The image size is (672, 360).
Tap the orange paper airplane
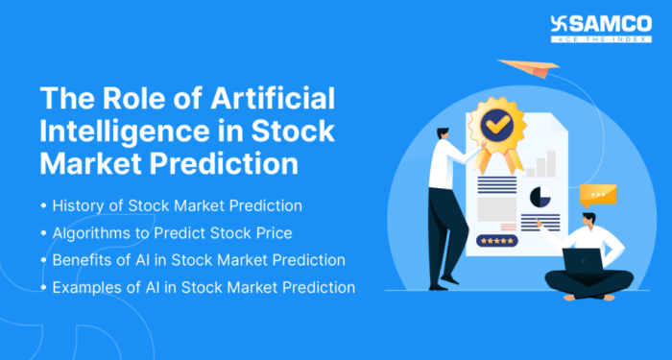(x=532, y=69)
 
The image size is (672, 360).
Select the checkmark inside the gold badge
(x=497, y=123)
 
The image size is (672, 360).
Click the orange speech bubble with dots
(x=598, y=194)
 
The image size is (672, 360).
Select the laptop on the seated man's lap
(x=583, y=259)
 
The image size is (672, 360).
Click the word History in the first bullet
(x=82, y=207)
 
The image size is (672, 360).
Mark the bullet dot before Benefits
(x=44, y=261)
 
